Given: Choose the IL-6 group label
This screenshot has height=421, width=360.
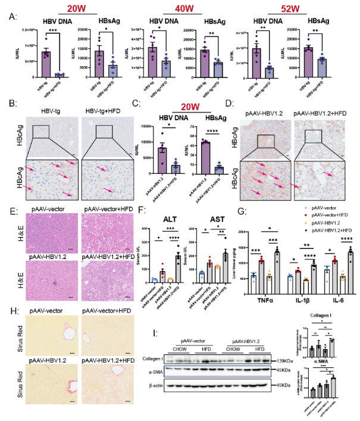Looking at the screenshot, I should point(334,294).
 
